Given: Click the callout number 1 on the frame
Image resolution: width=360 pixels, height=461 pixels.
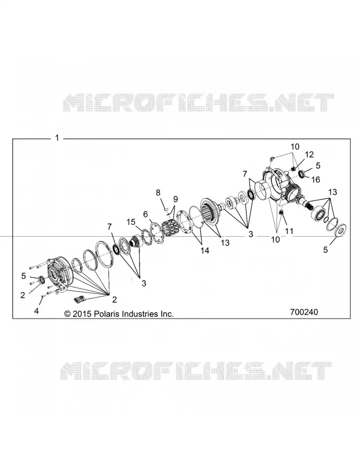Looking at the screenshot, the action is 57,138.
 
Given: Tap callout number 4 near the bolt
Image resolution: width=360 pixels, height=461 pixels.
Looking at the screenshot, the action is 36,311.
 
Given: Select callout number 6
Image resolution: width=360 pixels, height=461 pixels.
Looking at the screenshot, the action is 146,214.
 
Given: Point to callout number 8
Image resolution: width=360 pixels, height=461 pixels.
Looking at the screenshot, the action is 158,192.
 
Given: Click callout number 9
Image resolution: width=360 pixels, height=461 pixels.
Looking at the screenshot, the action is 176,199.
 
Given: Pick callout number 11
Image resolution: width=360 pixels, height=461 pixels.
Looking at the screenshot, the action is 289,231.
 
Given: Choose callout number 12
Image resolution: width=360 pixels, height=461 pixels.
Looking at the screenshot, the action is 309,154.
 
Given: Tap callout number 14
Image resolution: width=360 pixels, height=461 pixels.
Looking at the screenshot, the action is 205,250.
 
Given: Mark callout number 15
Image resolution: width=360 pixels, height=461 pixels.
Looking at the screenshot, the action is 131,222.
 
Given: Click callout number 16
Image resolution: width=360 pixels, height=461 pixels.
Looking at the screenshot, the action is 316,179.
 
